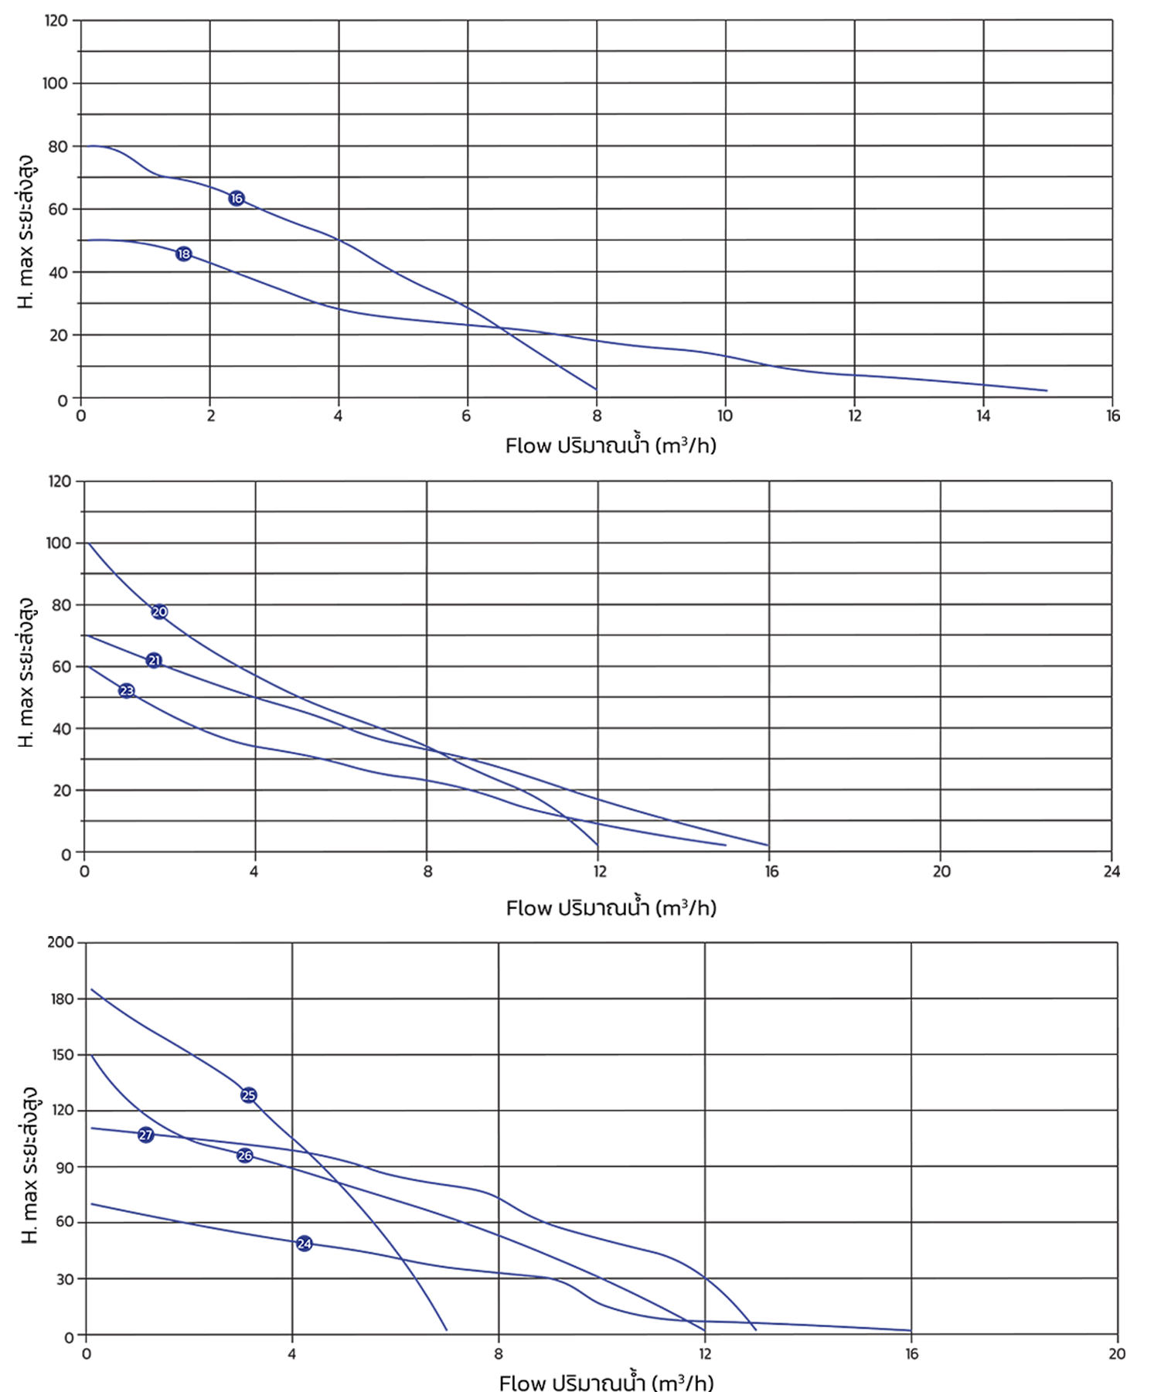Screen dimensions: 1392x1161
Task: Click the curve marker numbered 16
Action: point(237,199)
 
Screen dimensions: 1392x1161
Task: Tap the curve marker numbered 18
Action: point(184,254)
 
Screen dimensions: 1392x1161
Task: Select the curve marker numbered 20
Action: point(159,612)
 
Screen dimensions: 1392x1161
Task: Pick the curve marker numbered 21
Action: point(155,661)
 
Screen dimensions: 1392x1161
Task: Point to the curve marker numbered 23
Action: point(127,691)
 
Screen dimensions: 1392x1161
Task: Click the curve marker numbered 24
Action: point(305,1244)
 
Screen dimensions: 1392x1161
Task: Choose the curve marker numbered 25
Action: point(249,1095)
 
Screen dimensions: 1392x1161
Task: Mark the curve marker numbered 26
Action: point(245,1155)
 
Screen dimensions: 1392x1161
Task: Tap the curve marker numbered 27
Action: point(146,1135)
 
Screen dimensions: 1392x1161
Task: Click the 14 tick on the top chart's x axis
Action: point(983,416)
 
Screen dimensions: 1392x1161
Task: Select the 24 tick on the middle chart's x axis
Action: point(1112,872)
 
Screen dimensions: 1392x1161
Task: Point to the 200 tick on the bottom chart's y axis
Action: point(60,942)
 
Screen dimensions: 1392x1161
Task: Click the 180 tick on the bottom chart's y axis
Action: point(62,999)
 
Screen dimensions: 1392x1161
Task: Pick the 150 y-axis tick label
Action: point(62,1055)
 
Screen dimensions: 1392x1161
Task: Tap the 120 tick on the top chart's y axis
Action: point(56,21)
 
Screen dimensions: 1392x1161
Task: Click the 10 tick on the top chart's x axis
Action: point(725,416)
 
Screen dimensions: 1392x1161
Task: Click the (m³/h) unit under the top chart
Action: point(686,446)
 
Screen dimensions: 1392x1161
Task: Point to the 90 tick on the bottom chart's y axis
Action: point(65,1167)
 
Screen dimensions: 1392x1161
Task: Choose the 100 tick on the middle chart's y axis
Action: point(59,543)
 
